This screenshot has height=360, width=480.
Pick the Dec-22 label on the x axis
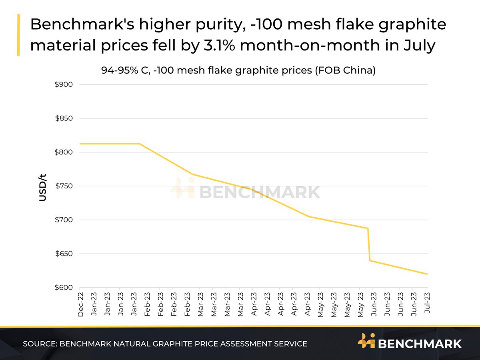(x=80, y=305)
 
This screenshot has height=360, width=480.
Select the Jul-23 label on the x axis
(x=426, y=305)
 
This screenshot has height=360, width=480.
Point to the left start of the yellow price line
(x=80, y=144)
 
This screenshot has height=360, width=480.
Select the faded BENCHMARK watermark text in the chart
(x=260, y=192)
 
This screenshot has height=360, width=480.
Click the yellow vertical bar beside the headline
(x=18, y=35)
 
